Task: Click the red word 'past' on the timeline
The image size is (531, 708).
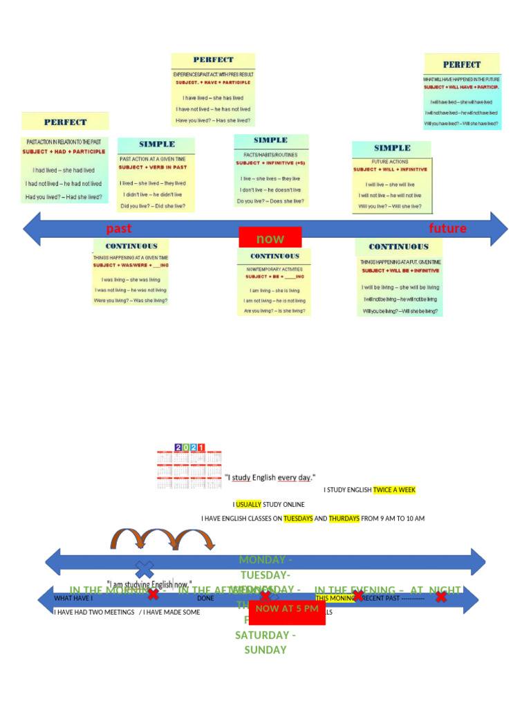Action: click(118, 229)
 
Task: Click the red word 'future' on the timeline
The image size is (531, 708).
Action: click(447, 229)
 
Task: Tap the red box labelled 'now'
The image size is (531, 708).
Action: click(270, 238)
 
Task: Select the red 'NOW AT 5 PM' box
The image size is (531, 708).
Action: click(287, 609)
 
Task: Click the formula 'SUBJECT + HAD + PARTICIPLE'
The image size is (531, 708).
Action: click(64, 151)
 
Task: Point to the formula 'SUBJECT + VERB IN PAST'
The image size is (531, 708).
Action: click(153, 167)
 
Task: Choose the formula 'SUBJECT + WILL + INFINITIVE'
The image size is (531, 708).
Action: click(391, 169)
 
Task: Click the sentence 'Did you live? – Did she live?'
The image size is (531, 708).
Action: click(153, 206)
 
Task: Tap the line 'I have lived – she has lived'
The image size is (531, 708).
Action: click(213, 98)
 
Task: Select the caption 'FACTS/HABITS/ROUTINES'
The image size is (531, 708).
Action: click(270, 155)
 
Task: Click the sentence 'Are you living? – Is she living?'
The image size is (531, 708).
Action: click(274, 311)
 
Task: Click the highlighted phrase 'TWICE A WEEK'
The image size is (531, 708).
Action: click(394, 490)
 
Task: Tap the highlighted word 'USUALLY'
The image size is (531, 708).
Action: click(248, 505)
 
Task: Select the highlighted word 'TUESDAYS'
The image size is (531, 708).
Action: click(298, 519)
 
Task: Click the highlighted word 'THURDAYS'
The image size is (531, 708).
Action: click(344, 519)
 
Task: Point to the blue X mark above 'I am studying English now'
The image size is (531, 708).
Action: click(145, 569)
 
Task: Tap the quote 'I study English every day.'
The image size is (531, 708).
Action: click(270, 477)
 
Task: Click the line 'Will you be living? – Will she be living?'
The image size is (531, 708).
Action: click(400, 312)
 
